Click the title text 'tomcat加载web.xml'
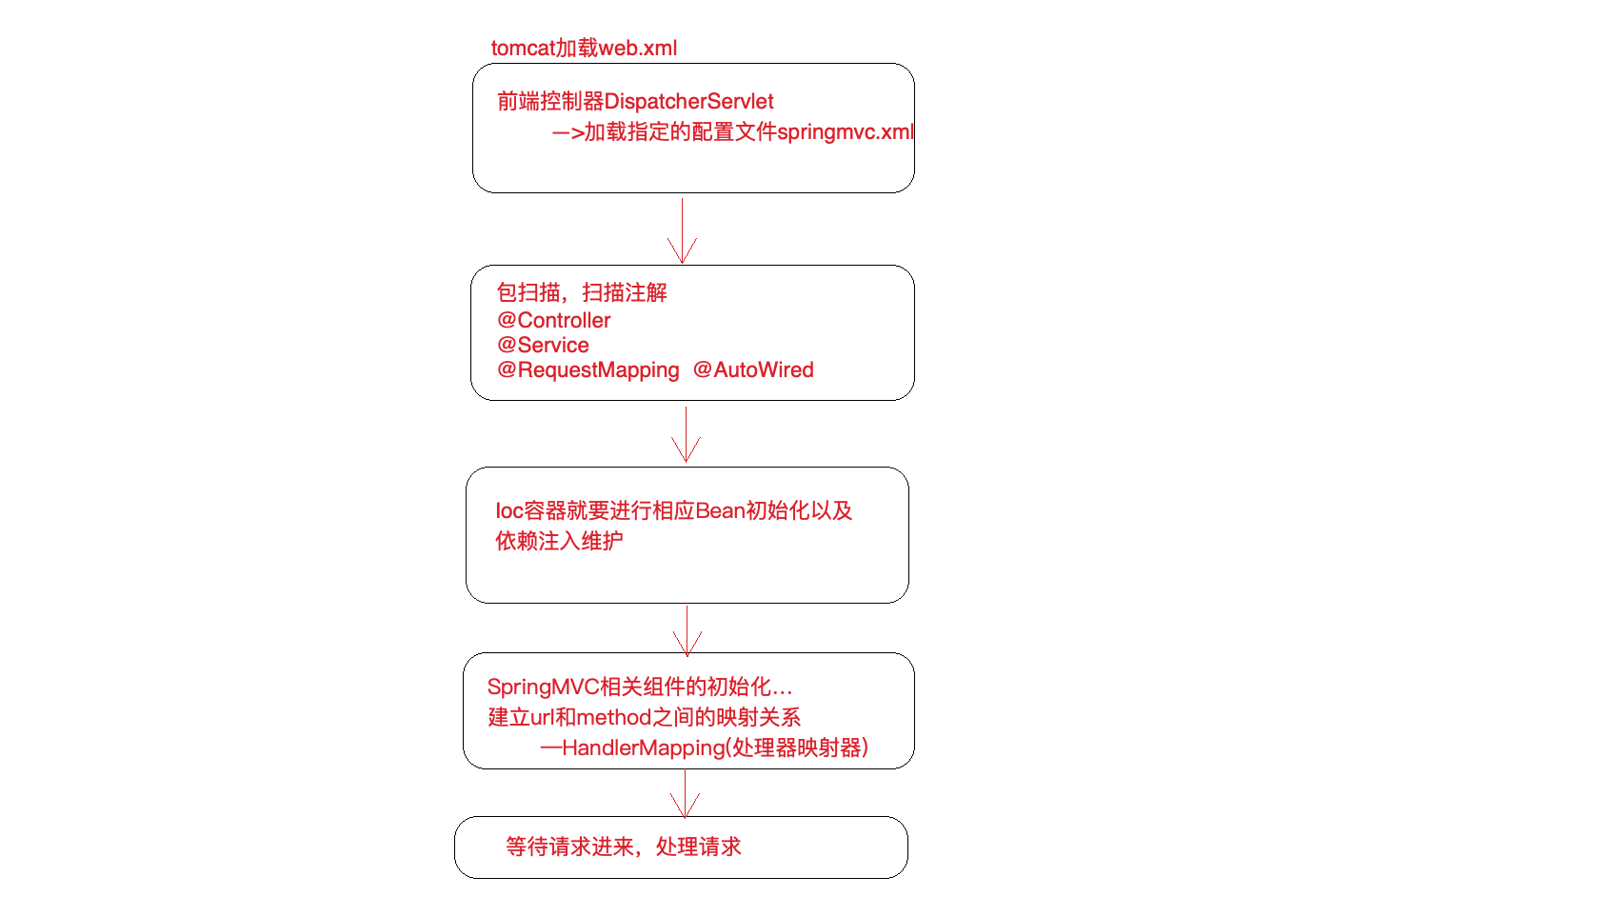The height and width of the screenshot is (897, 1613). tap(584, 48)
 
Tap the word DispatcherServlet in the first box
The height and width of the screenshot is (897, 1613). tap(688, 101)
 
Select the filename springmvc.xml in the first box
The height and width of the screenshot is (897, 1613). tap(845, 131)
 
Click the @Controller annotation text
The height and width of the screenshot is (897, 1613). tap(553, 320)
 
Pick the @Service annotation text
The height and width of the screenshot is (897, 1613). tap(543, 345)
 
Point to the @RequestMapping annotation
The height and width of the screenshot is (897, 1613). tap(587, 369)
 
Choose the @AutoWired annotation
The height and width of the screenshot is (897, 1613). tap(753, 369)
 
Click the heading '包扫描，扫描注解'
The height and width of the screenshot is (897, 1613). tap(581, 292)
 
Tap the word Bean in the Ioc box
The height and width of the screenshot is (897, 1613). tap(720, 510)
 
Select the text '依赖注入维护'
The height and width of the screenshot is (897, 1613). tap(559, 541)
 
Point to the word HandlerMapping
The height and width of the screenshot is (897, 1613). tap(643, 747)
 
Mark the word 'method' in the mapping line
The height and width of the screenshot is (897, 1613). tap(613, 717)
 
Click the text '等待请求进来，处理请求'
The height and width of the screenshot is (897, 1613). tap(623, 847)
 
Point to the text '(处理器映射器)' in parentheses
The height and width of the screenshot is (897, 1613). tap(797, 747)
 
